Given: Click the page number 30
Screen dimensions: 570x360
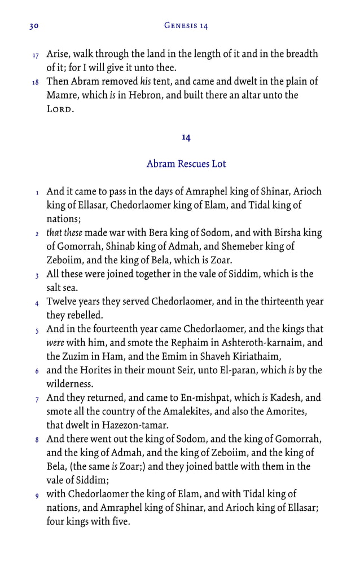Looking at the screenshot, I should tap(33, 26).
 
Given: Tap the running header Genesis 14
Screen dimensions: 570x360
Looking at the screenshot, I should tap(186, 26).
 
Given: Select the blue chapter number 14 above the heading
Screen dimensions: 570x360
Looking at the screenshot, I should tap(186, 137).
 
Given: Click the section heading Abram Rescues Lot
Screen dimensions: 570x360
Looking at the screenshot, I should tap(186, 164).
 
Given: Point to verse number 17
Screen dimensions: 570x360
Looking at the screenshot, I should tap(36, 56).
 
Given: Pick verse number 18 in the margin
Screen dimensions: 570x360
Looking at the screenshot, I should tap(36, 83).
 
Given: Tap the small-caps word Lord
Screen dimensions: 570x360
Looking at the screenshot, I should tap(60, 109).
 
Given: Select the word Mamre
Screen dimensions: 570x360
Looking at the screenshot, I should tap(62, 95).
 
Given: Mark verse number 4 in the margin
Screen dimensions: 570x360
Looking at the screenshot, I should tap(36, 303).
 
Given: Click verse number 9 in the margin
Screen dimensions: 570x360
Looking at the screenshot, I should tap(36, 496).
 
